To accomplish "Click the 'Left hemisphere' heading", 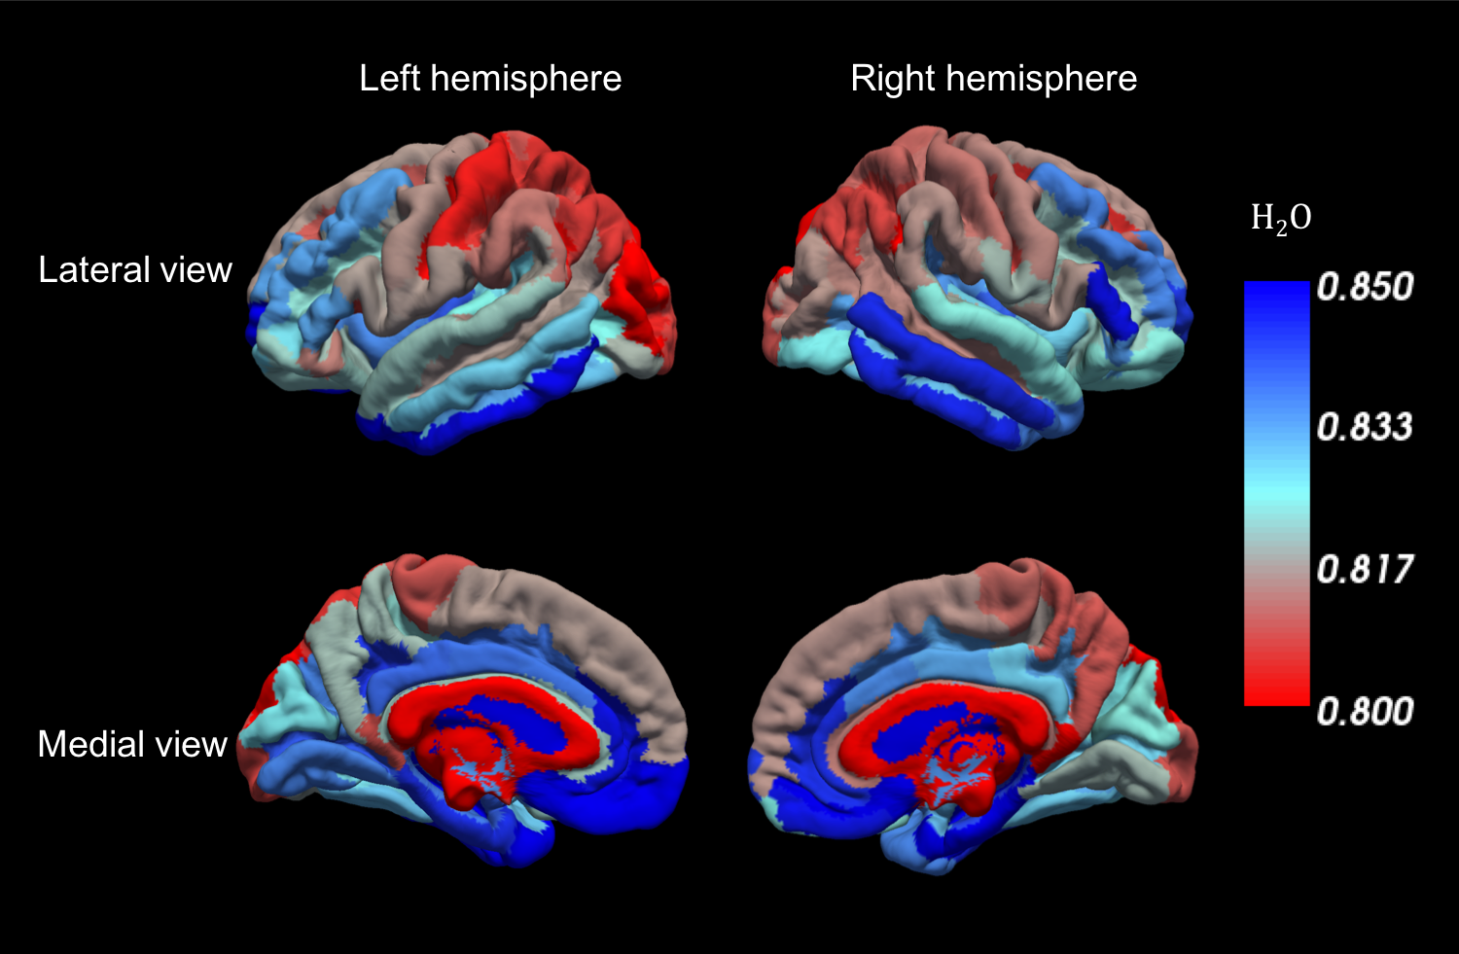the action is pos(490,79).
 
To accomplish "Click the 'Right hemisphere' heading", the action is pos(993,79).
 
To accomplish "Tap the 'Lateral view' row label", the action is pos(135,269).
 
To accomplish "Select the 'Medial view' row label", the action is pos(132,744).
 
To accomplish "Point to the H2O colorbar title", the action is pos(1280,219).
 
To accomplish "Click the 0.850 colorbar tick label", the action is pos(1365,287).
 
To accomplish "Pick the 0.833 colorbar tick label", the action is pos(1365,427).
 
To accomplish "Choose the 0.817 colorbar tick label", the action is pos(1365,569).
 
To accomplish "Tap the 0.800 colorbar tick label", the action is pos(1365,711).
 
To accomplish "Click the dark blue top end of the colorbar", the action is pos(1277,292).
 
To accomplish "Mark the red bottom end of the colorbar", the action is pos(1277,692).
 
